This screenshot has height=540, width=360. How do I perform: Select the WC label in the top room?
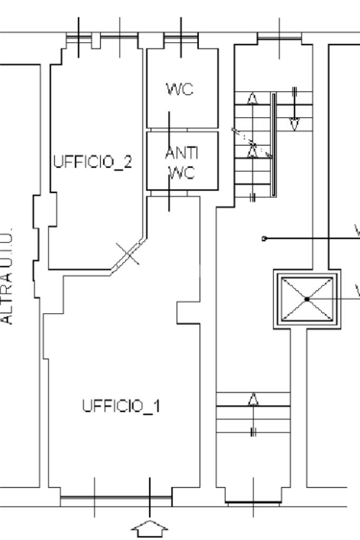pos(180,90)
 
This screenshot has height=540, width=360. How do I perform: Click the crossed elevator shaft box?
pos(307,299)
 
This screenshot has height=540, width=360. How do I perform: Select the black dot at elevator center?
pos(307,299)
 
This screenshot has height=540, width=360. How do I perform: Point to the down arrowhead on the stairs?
pos(295,124)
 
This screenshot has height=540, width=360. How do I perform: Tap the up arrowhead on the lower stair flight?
pos(254,400)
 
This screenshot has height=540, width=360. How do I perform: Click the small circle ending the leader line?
pos(264,238)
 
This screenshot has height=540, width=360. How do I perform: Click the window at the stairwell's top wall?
pos(279,37)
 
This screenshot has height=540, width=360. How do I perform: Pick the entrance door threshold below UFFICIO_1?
pos(116,497)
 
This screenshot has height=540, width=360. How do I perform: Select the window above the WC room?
pos(181,36)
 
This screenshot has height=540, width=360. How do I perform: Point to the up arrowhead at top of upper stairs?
pos(252,99)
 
